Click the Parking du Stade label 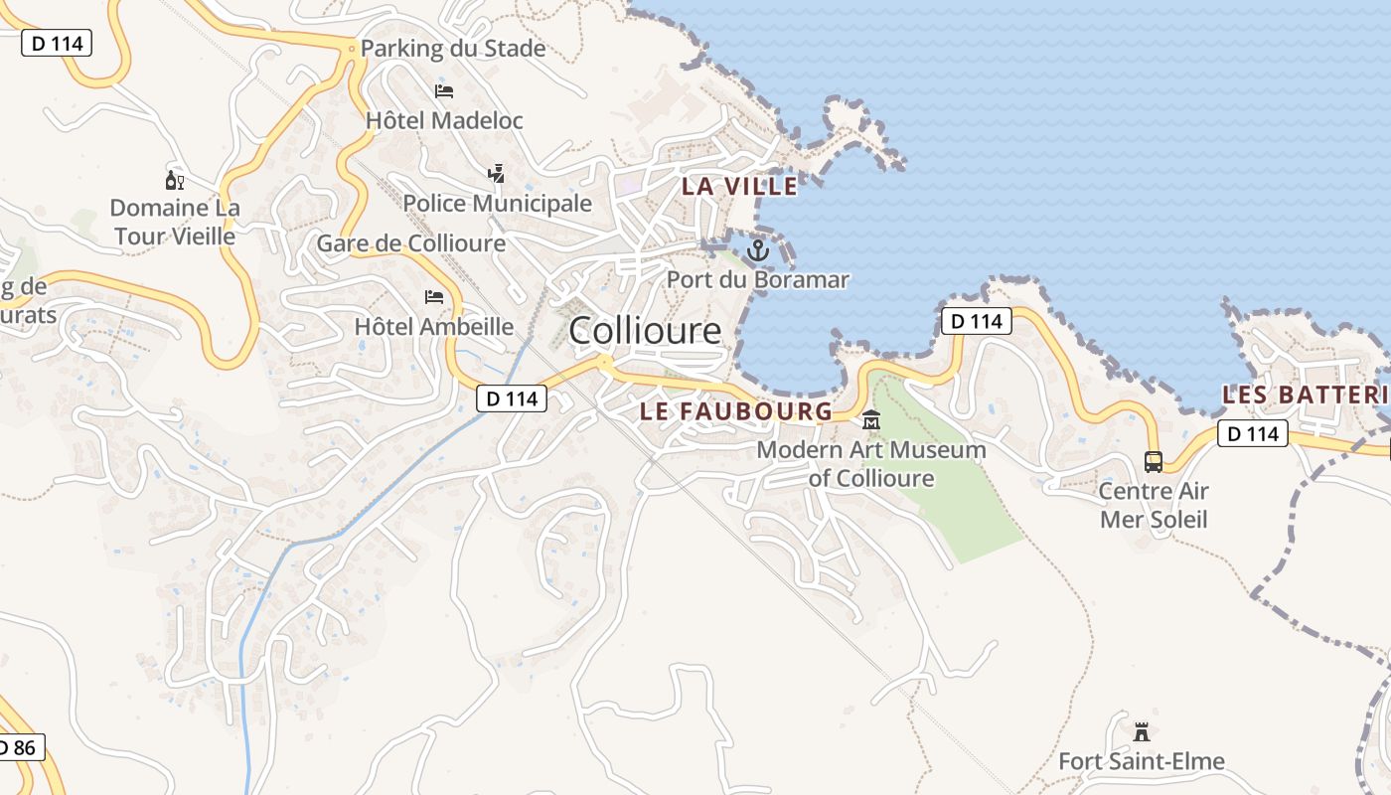click(452, 49)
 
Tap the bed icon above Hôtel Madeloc click(444, 91)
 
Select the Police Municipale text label click(497, 204)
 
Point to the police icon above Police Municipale click(497, 175)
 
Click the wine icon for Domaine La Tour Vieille click(174, 180)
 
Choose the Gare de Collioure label click(410, 243)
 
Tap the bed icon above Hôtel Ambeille click(434, 297)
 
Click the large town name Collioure click(645, 331)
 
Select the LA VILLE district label click(739, 186)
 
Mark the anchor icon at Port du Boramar click(758, 250)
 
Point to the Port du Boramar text click(758, 279)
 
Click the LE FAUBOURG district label click(736, 410)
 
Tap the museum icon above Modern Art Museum click(871, 420)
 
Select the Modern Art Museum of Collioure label click(871, 464)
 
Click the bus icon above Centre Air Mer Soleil click(1154, 462)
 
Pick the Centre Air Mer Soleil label click(1154, 505)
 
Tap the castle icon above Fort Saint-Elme click(1142, 732)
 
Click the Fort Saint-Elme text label click(1142, 762)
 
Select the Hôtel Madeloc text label click(444, 120)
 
